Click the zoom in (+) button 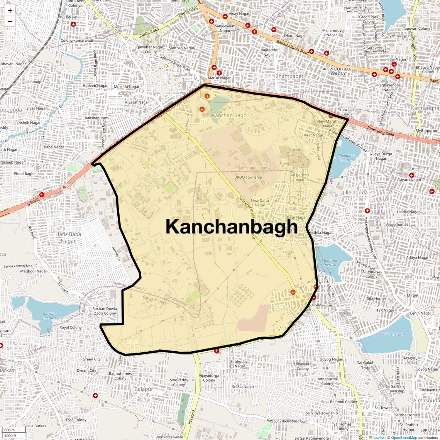pos(10,11)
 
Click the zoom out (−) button pos(10,22)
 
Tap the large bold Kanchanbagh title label pos(232,227)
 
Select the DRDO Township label pos(248,178)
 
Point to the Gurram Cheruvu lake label pos(49,316)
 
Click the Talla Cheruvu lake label pos(393,334)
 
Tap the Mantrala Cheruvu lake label pos(329,262)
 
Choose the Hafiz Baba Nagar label pos(68,237)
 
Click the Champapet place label pos(289,76)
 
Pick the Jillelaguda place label pos(355,192)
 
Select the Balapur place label pos(144,389)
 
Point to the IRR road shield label pos(66,187)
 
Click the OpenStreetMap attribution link pos(404,437)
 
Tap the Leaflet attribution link pos(379,437)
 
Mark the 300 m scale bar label pos(10,430)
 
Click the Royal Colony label pos(71,327)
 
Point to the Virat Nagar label pos(313,135)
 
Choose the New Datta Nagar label pos(260,203)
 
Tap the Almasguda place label pos(426,401)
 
